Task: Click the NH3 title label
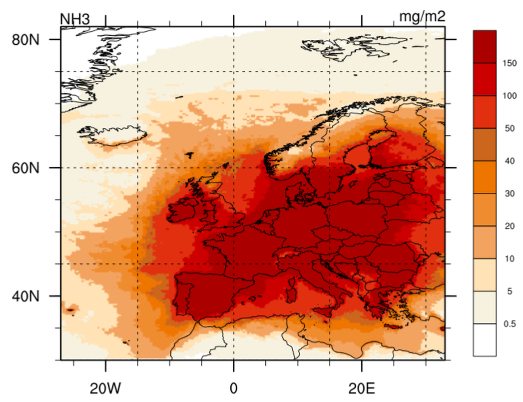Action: click(x=75, y=19)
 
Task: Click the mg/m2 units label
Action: click(x=422, y=17)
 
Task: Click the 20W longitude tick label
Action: click(x=105, y=388)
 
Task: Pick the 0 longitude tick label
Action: click(x=233, y=388)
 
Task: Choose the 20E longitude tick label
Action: click(x=361, y=388)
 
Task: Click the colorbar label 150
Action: click(x=510, y=63)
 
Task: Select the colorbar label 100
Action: click(x=510, y=96)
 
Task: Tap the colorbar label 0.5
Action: click(x=510, y=324)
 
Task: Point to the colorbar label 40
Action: click(x=510, y=161)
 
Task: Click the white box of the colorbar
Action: click(x=485, y=340)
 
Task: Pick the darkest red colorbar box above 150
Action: click(x=485, y=47)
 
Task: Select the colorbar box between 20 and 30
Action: click(x=485, y=210)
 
